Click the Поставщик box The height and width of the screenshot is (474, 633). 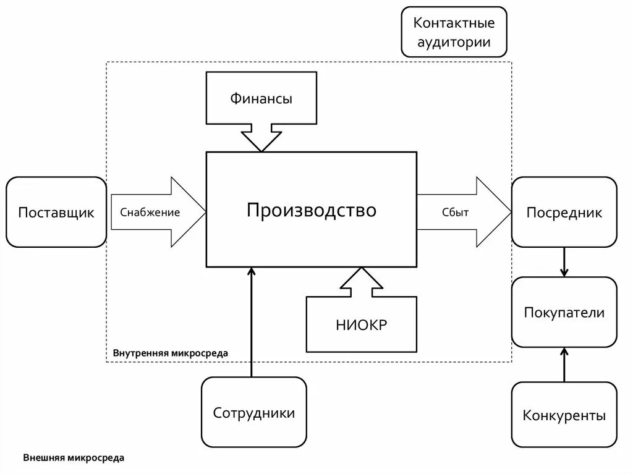[56, 212]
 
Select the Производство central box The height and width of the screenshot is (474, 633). [311, 210]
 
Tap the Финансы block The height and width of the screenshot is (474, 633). [261, 98]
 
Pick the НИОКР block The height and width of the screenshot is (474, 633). [362, 324]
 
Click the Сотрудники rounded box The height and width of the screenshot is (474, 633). [253, 412]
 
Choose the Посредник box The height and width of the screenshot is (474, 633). [564, 212]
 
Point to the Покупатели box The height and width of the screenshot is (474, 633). [564, 312]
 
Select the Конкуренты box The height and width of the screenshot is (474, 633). [564, 415]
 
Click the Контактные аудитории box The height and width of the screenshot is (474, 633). [454, 32]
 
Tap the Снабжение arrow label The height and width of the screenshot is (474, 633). [150, 213]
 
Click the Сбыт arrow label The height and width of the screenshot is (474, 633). [455, 213]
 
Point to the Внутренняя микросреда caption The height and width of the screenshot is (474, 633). [170, 353]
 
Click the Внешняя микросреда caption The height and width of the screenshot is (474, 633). [74, 458]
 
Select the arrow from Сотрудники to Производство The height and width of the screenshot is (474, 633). [251, 321]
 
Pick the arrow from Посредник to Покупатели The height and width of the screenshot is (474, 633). [564, 262]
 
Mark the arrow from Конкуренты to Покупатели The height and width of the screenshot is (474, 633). [564, 365]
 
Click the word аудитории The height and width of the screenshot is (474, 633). [454, 42]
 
